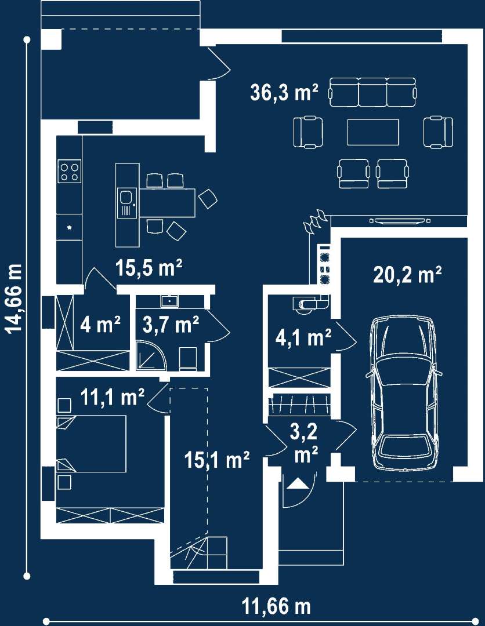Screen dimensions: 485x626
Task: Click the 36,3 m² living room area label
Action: point(284,92)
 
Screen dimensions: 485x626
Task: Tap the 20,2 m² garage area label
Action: point(407,275)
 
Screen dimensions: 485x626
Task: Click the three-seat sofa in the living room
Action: point(372,92)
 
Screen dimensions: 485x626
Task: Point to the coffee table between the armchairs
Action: point(373,132)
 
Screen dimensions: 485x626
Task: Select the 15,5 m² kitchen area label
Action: point(149,267)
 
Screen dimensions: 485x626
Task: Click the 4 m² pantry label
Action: point(100,325)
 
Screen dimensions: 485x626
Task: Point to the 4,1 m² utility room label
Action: point(303,338)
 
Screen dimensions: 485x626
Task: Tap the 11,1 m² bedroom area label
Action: point(113,397)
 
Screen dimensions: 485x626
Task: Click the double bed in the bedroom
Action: point(92,443)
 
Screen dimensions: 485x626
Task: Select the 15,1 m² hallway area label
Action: point(218,460)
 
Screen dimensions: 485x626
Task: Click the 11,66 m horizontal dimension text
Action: point(277,606)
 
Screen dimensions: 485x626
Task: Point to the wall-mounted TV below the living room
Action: point(400,220)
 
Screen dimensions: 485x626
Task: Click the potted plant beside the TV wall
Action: point(316,221)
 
